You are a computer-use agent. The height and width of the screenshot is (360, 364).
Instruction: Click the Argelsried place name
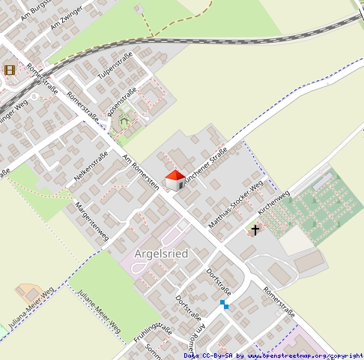point(160,253)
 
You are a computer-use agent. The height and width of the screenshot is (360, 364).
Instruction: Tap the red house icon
point(174,180)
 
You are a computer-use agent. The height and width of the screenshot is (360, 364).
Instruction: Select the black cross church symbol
point(255,229)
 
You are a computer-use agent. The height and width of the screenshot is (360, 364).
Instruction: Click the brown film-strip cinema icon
point(10,70)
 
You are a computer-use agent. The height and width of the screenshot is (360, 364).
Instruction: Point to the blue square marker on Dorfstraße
point(224,304)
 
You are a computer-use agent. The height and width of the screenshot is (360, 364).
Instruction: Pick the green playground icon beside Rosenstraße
point(124,119)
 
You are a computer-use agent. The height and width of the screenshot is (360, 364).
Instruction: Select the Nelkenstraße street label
point(91,166)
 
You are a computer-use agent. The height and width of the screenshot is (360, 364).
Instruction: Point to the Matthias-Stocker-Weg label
point(236,205)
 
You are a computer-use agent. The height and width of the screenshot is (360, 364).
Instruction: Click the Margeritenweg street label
point(92,221)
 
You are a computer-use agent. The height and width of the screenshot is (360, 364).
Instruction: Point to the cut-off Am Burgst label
point(34,9)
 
